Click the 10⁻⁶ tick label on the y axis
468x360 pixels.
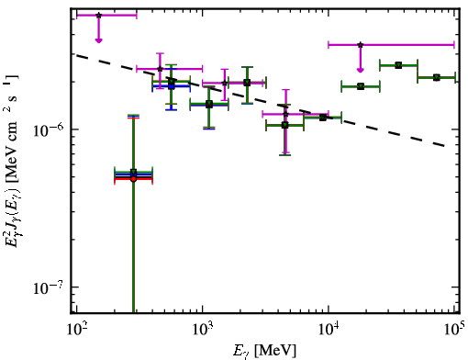49,129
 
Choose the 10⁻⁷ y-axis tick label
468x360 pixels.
49,287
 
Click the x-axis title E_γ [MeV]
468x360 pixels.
265,351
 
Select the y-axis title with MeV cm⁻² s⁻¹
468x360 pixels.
12,162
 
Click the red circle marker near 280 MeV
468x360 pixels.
133,179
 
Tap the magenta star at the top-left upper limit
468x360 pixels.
98,15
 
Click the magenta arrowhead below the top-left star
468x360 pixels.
98,40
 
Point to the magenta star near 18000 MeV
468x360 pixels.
361,45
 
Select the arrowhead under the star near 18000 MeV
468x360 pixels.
361,71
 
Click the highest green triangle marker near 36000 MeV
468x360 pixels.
398,65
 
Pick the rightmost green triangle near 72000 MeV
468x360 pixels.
437,77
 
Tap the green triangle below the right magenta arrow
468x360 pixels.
361,86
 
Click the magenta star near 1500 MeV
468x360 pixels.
225,83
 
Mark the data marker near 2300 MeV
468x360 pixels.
247,83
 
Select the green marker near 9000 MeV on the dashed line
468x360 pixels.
322,118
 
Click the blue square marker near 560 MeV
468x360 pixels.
172,86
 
